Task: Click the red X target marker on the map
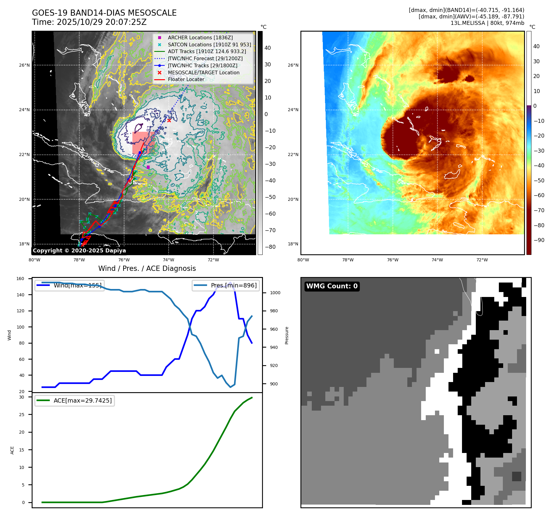[169, 120]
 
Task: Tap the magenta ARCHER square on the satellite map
[148, 167]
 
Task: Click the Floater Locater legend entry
[186, 79]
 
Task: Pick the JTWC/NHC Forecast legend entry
[205, 58]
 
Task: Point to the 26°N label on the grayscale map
[25, 65]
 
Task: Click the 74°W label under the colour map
[437, 260]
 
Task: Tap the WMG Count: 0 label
[332, 286]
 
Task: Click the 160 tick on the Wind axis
[20, 279]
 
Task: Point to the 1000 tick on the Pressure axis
[275, 293]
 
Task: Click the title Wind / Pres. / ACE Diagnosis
[147, 268]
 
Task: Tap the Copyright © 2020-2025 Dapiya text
[79, 251]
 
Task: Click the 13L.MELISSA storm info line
[487, 23]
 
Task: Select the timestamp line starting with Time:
[89, 22]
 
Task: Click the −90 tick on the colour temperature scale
[539, 240]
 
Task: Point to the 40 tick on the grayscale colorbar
[268, 48]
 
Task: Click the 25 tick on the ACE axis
[22, 415]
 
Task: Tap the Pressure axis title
[287, 335]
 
